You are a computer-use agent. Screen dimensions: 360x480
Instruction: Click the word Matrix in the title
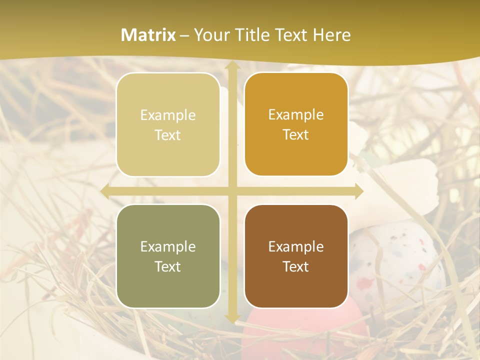148,35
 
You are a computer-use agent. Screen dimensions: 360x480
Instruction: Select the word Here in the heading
331,35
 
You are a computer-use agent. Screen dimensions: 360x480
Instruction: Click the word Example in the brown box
296,246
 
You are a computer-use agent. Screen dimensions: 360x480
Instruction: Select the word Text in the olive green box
168,266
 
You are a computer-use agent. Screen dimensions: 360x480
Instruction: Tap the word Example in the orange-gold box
296,114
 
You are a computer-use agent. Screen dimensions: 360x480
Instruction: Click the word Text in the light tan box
168,135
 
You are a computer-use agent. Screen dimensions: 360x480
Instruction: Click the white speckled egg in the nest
400,255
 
